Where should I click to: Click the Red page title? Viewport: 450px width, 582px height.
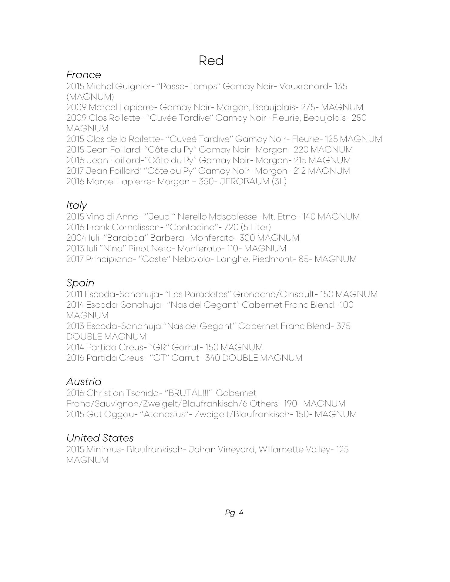click(211, 61)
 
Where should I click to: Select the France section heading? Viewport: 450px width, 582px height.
click(84, 75)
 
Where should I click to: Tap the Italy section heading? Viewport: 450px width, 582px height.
click(76, 205)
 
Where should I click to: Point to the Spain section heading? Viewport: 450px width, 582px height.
click(80, 283)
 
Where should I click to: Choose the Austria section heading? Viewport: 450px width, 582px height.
click(84, 382)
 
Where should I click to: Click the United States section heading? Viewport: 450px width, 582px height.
click(100, 438)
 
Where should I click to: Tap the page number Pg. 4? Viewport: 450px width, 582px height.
click(234, 513)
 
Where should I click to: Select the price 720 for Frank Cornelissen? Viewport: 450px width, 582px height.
click(231, 227)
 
